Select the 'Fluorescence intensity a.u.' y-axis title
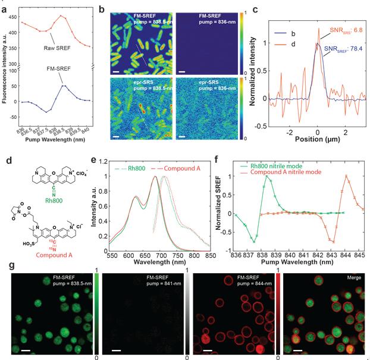pyautogui.click(x=5, y=65)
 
